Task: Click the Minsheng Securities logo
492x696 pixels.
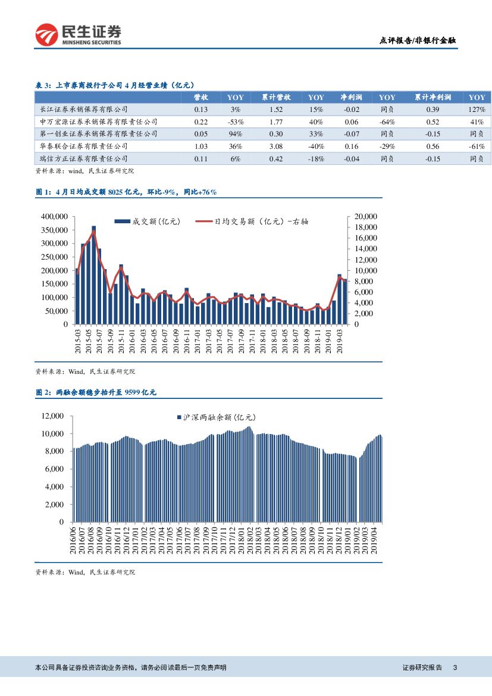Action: point(78,35)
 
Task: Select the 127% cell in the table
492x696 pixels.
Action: point(476,110)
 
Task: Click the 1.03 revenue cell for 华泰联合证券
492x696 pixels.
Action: point(201,146)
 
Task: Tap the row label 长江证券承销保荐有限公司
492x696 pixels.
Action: point(83,110)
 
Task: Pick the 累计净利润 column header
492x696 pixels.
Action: point(433,97)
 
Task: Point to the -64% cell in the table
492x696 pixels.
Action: point(387,121)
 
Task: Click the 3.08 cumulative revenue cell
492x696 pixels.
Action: point(275,146)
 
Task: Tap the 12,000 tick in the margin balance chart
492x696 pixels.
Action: point(52,416)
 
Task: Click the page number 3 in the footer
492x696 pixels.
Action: point(455,668)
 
